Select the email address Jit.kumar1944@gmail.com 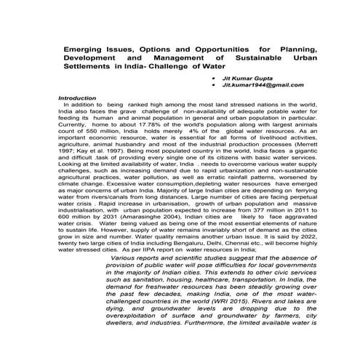click(255, 85)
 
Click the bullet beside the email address click(213, 85)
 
